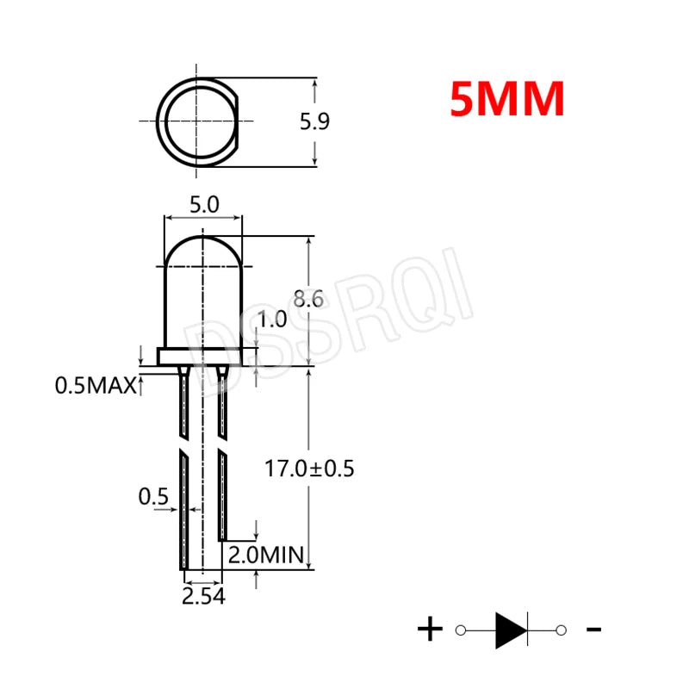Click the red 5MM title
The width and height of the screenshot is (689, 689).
506,100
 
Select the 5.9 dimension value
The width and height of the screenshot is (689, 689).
314,122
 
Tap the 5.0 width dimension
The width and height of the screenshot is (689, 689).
204,205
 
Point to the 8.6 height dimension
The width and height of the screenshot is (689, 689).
307,300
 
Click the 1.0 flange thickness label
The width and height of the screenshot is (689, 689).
272,320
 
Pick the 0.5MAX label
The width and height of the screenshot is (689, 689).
95,387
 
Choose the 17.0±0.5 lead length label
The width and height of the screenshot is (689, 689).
309,469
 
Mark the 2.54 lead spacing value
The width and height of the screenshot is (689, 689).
203,596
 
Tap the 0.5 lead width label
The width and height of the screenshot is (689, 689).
152,497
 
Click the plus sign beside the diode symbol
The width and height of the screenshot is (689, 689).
429,630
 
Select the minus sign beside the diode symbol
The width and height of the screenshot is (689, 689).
593,630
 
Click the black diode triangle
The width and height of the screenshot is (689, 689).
509,630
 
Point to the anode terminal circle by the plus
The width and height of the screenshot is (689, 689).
460,630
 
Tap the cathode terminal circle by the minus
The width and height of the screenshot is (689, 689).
561,630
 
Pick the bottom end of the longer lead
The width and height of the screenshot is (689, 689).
183,564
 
